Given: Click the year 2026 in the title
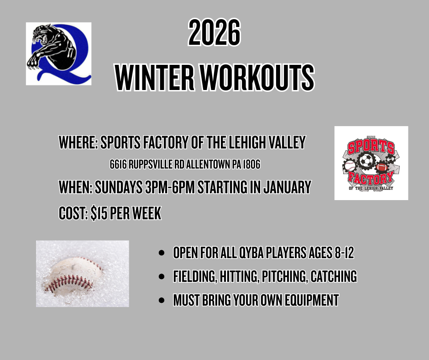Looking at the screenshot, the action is [214, 32].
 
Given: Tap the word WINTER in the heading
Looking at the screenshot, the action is [155, 78].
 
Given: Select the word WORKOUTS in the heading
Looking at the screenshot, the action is [257, 78].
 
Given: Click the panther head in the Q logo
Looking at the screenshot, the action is [41, 35].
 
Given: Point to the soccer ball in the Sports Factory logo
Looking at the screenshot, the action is [366, 160].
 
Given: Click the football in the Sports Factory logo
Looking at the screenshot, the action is [382, 167].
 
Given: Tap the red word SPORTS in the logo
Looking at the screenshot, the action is [371, 147].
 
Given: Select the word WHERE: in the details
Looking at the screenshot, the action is [78, 142].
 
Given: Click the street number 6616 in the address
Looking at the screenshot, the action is [118, 164].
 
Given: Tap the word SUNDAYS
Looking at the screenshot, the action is [119, 187].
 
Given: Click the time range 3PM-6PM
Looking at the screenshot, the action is [170, 187].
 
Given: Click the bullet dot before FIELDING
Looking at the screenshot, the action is [162, 276].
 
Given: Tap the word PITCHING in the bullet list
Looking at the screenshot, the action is [283, 276].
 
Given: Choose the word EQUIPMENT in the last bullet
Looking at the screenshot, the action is [312, 300].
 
